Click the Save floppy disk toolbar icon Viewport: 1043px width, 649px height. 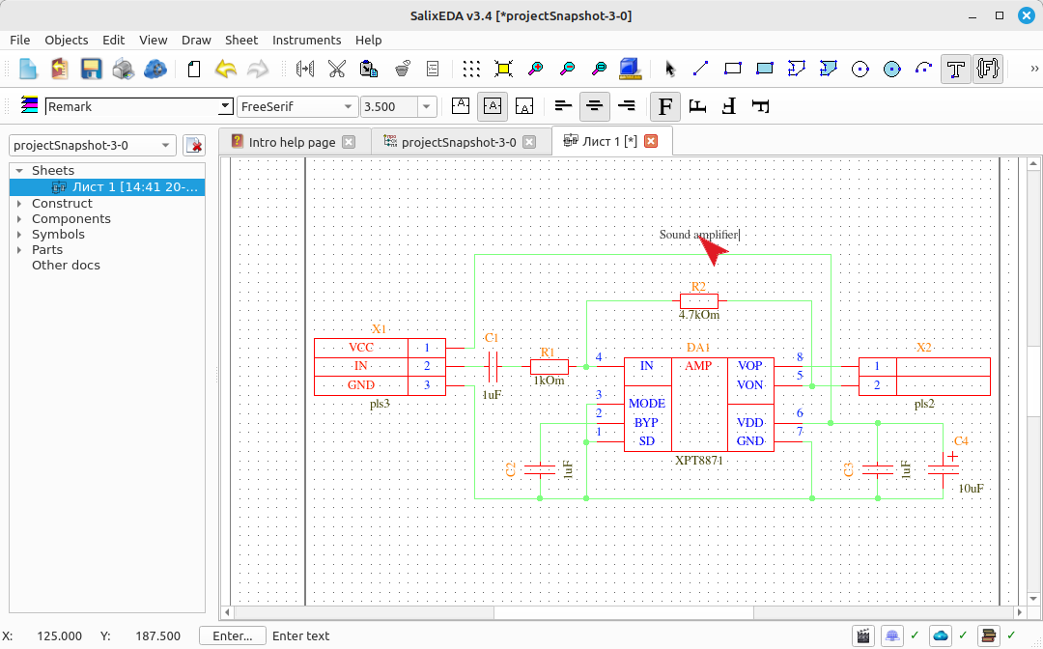[91, 69]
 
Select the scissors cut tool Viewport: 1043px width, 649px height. [337, 69]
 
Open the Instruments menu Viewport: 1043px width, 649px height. [307, 40]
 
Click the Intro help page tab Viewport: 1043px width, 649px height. [293, 142]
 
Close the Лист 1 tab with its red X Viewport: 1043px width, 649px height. [651, 141]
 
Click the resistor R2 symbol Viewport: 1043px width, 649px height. [699, 300]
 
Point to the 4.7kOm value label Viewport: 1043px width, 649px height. [699, 315]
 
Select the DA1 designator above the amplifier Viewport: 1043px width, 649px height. [698, 347]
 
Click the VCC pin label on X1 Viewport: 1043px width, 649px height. [361, 347]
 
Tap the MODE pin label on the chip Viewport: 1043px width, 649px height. [647, 404]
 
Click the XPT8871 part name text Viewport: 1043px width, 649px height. [698, 460]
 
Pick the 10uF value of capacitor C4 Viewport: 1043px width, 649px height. [972, 489]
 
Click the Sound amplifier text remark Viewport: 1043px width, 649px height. [699, 234]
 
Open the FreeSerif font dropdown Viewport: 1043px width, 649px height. [296, 106]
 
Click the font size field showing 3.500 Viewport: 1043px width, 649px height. [389, 106]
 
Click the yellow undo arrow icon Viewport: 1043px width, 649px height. [226, 69]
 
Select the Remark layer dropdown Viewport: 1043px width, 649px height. [139, 106]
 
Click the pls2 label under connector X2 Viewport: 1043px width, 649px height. [924, 404]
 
